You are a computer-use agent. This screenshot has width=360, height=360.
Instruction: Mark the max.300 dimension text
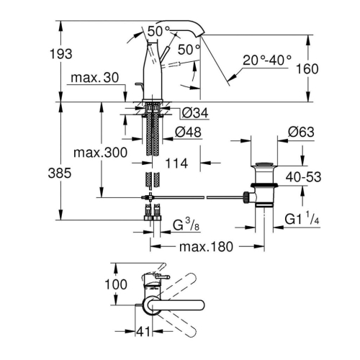[99, 153]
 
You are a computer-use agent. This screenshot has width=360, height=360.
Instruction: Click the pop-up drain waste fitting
[261, 186]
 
